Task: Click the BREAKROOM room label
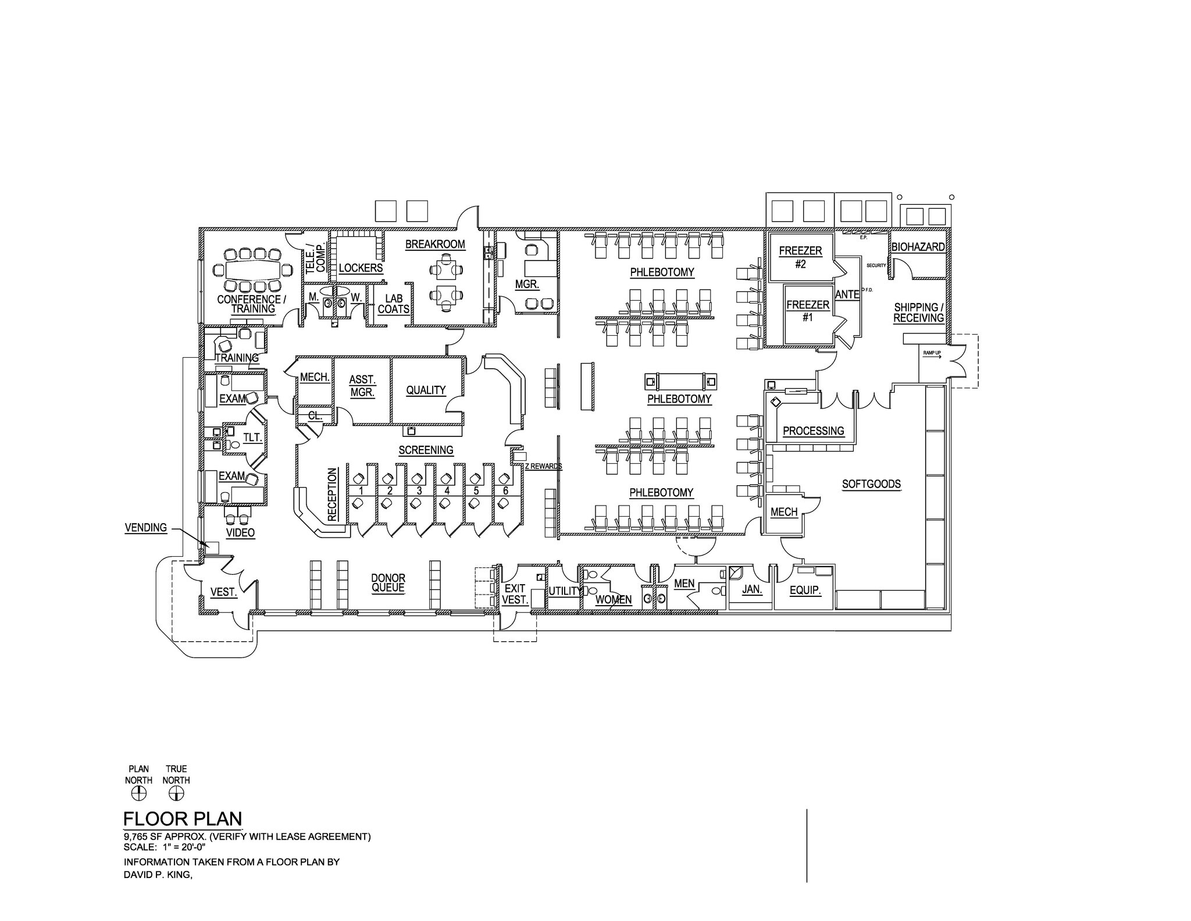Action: [435, 244]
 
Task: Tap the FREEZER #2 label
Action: [800, 257]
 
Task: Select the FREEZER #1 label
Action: [808, 311]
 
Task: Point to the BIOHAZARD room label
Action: [918, 247]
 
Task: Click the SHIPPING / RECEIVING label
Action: [918, 312]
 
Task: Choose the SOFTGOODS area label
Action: [871, 484]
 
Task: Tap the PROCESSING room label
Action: [813, 431]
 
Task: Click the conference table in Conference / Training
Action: [251, 270]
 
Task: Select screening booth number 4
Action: [447, 490]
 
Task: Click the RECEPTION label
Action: [332, 494]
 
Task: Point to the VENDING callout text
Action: [146, 528]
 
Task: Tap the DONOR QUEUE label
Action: [388, 583]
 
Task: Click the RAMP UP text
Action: [932, 353]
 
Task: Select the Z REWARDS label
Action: [543, 466]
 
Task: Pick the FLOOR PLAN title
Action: [182, 819]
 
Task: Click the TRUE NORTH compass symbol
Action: [176, 794]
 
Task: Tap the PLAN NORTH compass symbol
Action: [138, 794]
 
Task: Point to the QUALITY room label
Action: [426, 390]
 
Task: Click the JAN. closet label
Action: [752, 589]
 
